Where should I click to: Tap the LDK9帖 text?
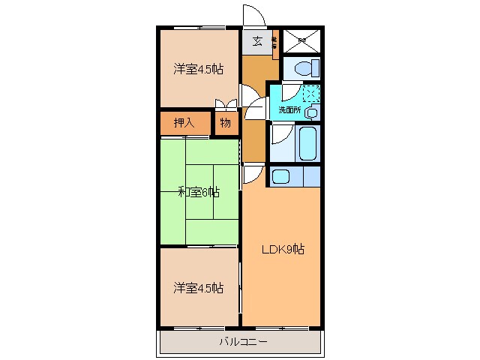tap(282, 248)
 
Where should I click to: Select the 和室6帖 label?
tap(199, 192)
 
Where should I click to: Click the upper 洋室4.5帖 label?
tap(199, 70)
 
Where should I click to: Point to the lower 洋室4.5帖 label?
tap(199, 287)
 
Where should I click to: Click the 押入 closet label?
tap(184, 123)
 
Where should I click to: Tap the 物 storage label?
tap(225, 123)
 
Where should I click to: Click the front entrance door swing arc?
tap(253, 17)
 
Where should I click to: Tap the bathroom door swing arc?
tap(280, 135)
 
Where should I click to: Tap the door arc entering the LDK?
tap(253, 174)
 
